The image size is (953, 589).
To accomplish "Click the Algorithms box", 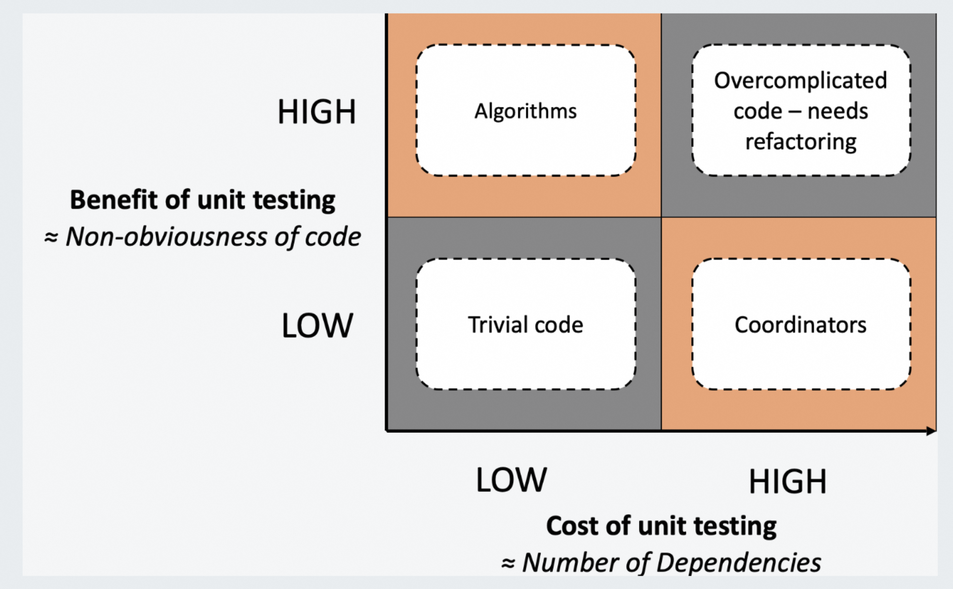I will pyautogui.click(x=526, y=111).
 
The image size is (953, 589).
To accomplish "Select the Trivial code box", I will pyautogui.click(x=526, y=325).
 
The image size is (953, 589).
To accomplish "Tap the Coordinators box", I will pyautogui.click(x=800, y=325).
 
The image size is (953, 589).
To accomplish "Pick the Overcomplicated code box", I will pyautogui.click(x=800, y=111).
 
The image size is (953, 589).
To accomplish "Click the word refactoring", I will pyautogui.click(x=800, y=142).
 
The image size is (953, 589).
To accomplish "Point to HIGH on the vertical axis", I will pyautogui.click(x=317, y=111).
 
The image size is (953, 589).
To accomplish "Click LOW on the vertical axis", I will pyautogui.click(x=317, y=326).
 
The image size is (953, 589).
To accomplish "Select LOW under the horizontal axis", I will pyautogui.click(x=511, y=480).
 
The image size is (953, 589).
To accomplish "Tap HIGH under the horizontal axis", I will pyautogui.click(x=787, y=482).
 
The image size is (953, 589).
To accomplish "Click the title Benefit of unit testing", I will pyautogui.click(x=202, y=200).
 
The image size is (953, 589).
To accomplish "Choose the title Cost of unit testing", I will pyautogui.click(x=661, y=526).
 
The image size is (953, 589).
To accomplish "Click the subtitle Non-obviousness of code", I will pyautogui.click(x=213, y=237).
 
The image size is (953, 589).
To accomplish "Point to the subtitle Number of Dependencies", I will pyautogui.click(x=671, y=562).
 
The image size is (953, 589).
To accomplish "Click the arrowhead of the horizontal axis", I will pyautogui.click(x=931, y=431).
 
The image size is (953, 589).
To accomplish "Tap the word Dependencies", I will pyautogui.click(x=739, y=562).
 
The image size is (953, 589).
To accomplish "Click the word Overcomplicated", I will pyautogui.click(x=800, y=80).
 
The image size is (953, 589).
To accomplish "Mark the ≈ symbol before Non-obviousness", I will pyautogui.click(x=51, y=237).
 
